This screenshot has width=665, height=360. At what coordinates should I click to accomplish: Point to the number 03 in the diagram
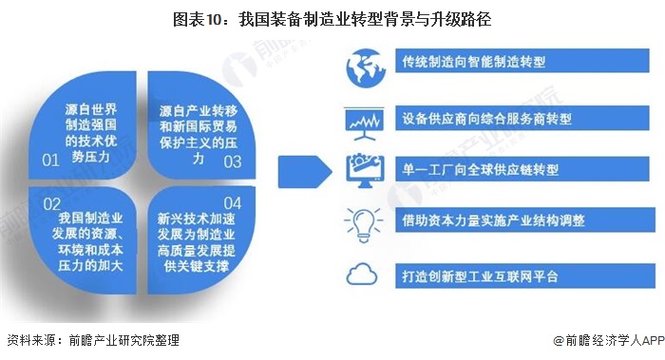click(232, 162)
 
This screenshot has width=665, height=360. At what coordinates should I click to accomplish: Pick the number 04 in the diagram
click(232, 202)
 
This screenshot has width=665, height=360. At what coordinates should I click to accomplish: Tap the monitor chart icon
click(363, 121)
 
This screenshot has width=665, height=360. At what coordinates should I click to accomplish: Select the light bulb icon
click(363, 221)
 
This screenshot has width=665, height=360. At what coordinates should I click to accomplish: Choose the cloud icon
click(363, 276)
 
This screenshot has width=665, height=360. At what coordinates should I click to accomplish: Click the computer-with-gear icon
click(363, 171)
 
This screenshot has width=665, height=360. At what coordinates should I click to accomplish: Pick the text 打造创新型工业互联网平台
click(486, 276)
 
